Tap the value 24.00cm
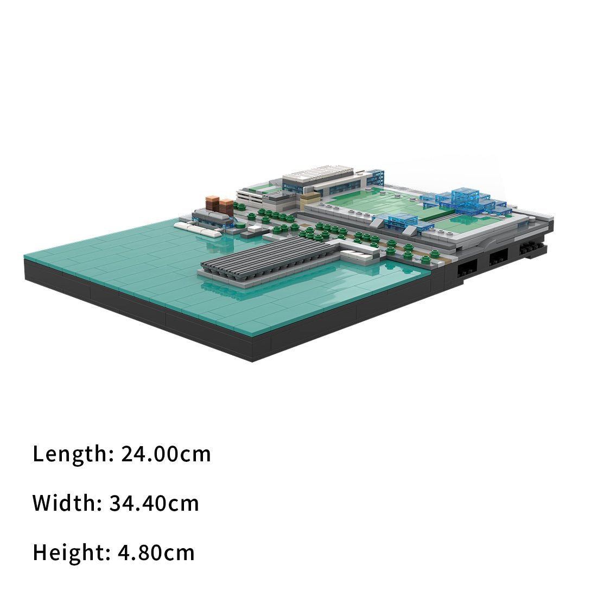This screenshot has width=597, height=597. (x=166, y=454)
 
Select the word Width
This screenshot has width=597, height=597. (x=67, y=503)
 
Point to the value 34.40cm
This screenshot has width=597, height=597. (x=154, y=503)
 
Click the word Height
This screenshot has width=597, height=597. (x=71, y=552)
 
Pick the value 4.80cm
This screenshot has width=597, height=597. (x=156, y=552)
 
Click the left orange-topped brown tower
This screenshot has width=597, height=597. (x=212, y=204)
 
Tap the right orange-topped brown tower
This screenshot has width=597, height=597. (x=226, y=206)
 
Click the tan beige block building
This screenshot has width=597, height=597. (x=310, y=199)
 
